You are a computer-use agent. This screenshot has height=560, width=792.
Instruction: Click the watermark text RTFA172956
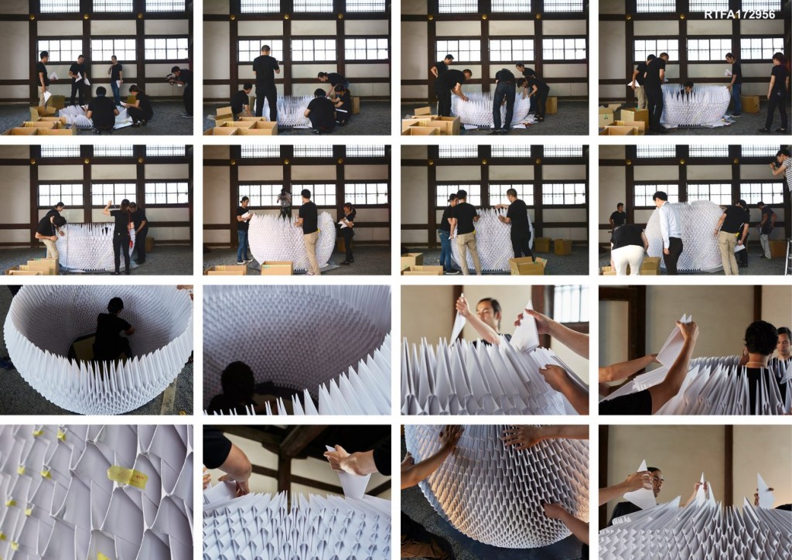(x=739, y=14)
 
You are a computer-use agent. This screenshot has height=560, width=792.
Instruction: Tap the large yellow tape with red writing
(x=128, y=476)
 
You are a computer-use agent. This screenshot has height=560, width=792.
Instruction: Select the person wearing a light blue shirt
(x=671, y=233)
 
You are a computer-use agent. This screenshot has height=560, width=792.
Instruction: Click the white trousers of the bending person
(x=628, y=259)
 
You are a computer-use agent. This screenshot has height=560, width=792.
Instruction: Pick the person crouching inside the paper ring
(x=112, y=331)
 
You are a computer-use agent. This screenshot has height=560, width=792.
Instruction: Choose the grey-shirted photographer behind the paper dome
(x=285, y=204)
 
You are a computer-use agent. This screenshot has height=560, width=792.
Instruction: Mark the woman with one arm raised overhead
(x=121, y=235)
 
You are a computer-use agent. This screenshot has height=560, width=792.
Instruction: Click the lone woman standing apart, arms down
(x=777, y=92)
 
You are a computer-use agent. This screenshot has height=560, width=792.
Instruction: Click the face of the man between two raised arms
(x=488, y=314)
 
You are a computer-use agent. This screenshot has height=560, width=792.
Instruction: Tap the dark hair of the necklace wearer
(x=761, y=337)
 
